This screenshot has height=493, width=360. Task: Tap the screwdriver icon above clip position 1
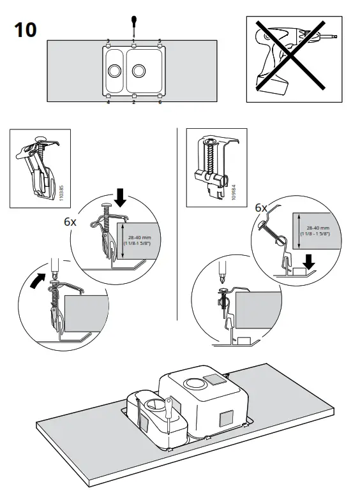(133, 26)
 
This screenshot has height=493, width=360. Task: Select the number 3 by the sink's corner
(108, 40)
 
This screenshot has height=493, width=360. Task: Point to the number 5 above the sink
(160, 40)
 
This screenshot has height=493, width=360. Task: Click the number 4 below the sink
(108, 102)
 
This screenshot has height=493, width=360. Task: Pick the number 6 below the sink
(160, 102)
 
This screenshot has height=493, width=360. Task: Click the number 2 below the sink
(133, 102)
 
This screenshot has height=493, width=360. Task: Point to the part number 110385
(61, 194)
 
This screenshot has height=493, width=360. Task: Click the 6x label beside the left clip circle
(70, 223)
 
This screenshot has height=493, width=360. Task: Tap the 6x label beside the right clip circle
(261, 208)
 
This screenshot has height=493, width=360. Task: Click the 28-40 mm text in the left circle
(139, 238)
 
